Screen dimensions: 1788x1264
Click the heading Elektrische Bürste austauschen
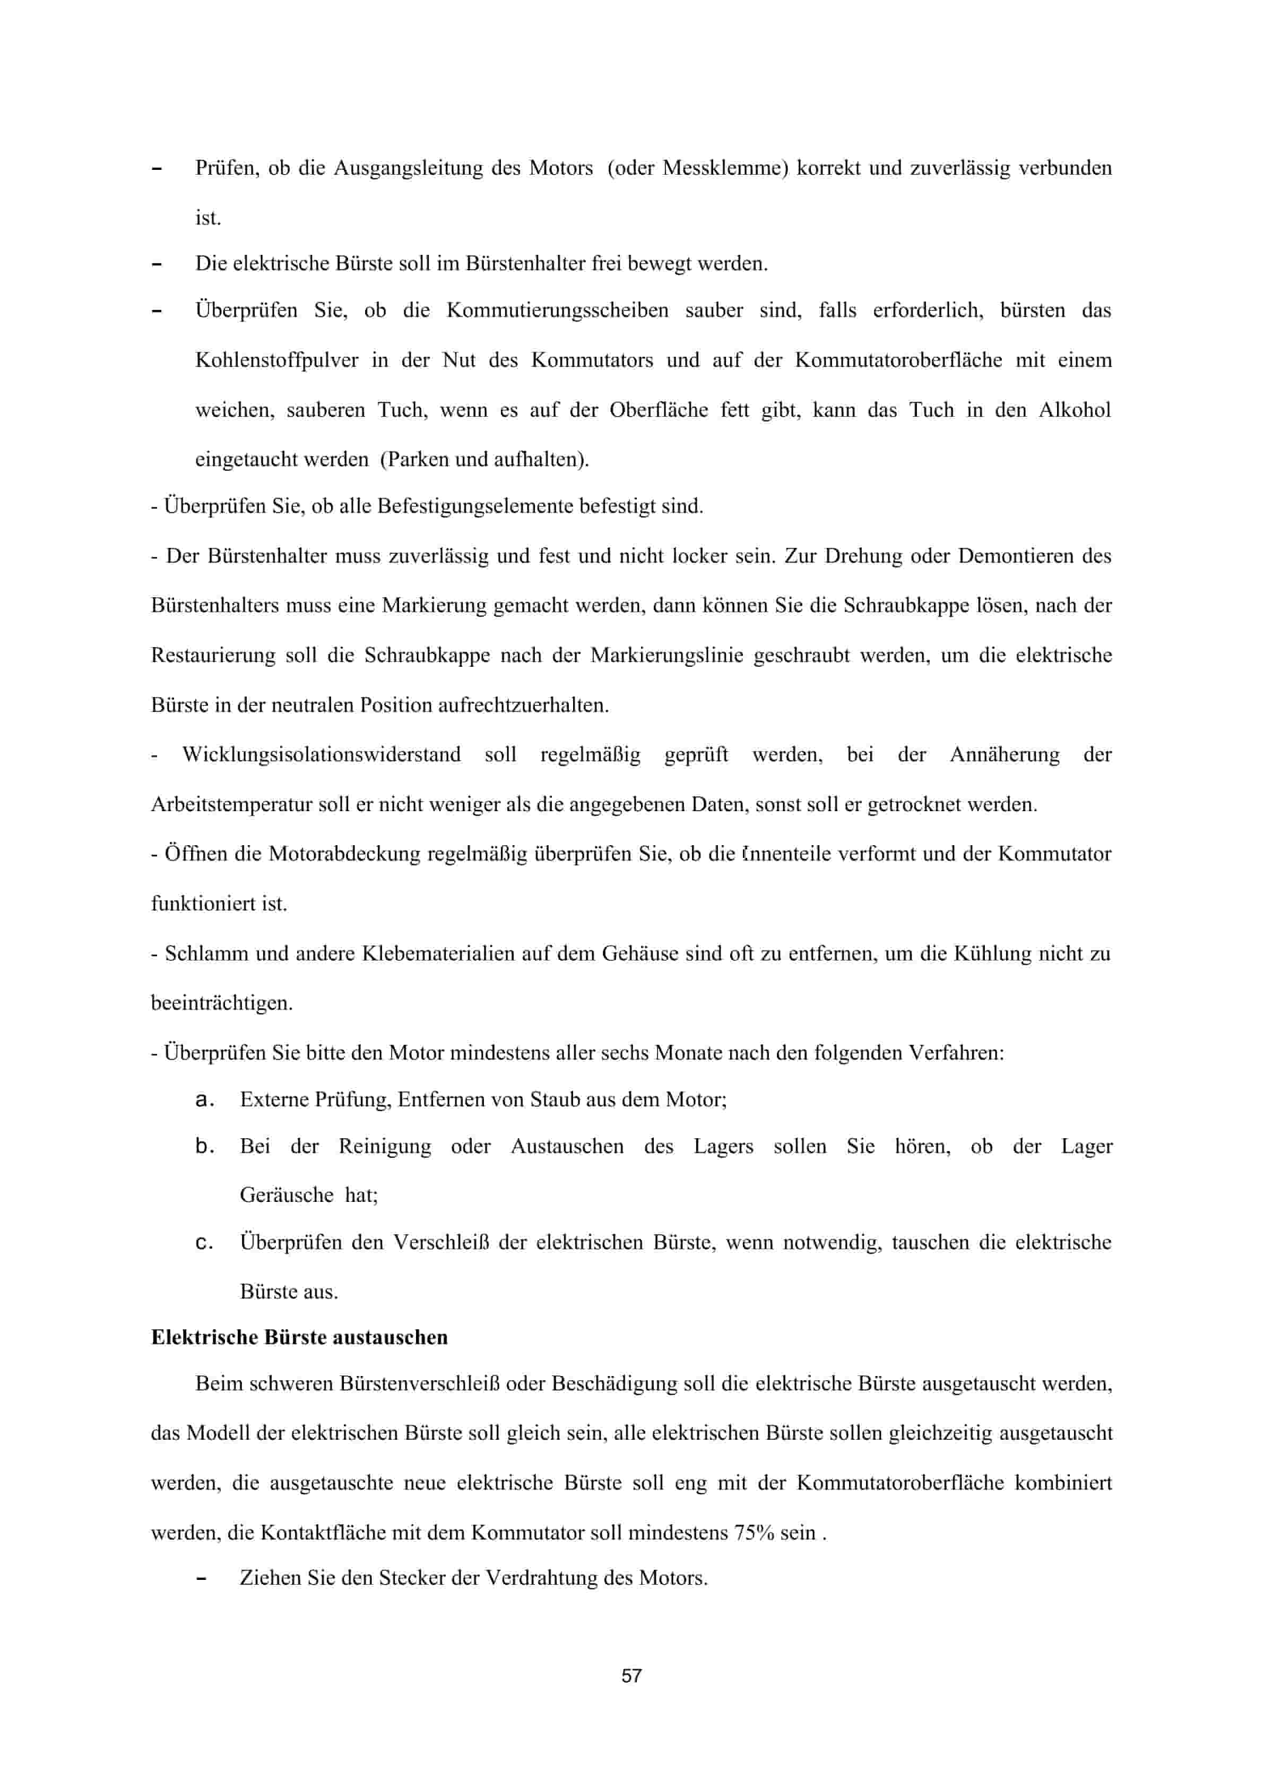(x=300, y=1337)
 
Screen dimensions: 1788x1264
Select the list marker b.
(x=204, y=1146)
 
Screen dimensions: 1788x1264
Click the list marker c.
(x=204, y=1243)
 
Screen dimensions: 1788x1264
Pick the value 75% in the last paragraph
(x=754, y=1533)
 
